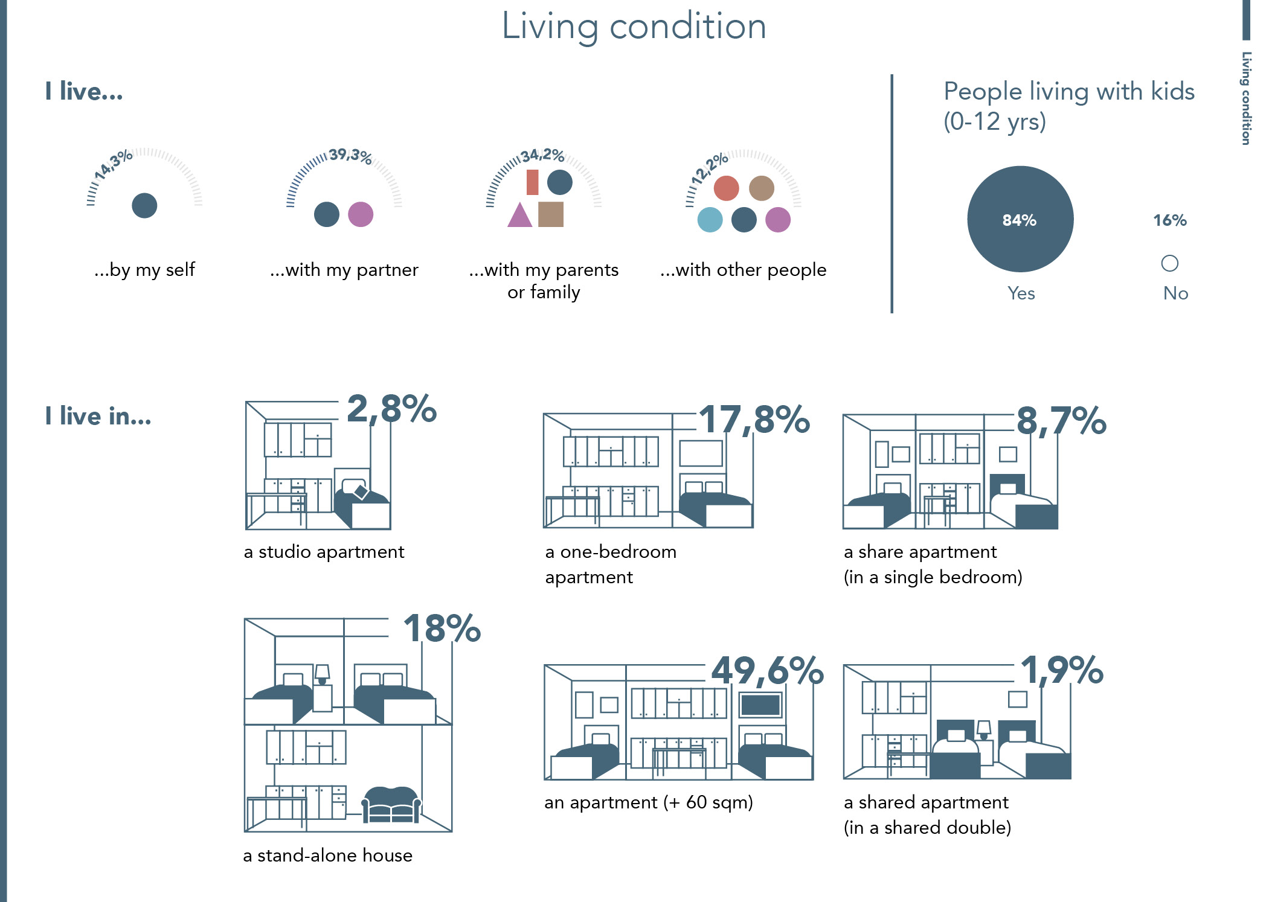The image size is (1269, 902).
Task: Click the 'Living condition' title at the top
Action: coord(634,27)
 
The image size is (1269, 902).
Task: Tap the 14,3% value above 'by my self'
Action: coord(113,164)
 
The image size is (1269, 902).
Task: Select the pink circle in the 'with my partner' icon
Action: coord(361,214)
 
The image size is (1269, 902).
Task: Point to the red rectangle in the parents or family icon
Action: coord(532,182)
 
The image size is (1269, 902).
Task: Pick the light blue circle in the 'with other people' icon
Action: coord(710,220)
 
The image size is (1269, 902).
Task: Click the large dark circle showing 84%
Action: coord(1020,219)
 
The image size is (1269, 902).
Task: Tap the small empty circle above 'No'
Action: coord(1169,263)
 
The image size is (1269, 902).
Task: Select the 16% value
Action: coord(1169,220)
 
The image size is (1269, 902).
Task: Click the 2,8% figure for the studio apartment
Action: coord(391,409)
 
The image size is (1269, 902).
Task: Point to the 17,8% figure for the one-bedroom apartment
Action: coord(754,420)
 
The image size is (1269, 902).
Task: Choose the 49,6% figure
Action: coord(767,670)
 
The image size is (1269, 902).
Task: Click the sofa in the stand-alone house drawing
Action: coord(391,804)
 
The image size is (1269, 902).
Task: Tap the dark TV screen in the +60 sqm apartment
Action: coord(760,705)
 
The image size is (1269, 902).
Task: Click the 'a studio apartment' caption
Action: coord(324,552)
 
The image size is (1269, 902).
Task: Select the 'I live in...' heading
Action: coord(98,417)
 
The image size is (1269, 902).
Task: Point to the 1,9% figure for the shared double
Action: coord(1062,670)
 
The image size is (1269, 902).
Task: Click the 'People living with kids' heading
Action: coord(1068,92)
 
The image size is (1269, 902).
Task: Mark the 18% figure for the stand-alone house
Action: coord(442,629)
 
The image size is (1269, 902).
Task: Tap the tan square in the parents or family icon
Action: coord(550,214)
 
